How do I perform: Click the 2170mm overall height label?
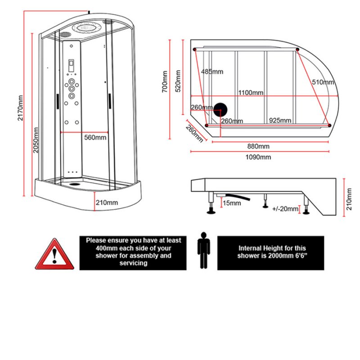pos(20,108)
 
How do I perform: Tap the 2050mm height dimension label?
pos(36,139)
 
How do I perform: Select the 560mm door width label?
pos(95,138)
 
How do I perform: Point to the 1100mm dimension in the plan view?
pos(251,93)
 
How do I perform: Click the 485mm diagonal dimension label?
pos(212,72)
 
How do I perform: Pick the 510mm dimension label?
pos(323,82)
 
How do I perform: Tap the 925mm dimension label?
pos(280,121)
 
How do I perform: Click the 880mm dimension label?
pos(258,146)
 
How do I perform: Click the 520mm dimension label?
pos(178,81)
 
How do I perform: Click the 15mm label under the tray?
pos(232,203)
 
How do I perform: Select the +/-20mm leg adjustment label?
pos(286,208)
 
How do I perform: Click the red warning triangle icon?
pos(54,255)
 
